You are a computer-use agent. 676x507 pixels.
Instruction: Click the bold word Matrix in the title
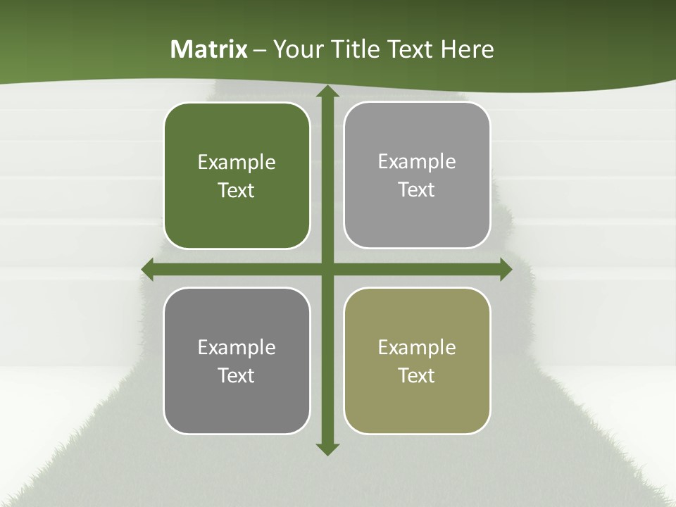pos(209,49)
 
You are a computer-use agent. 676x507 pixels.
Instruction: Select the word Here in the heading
pos(468,49)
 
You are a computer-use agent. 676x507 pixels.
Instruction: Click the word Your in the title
pos(296,49)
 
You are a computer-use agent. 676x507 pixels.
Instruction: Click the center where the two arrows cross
pos(326,269)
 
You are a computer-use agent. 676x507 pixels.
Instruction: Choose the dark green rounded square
pos(237,176)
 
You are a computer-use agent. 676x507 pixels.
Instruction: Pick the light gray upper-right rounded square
pos(417,175)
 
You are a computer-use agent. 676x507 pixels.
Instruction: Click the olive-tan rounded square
pos(417,361)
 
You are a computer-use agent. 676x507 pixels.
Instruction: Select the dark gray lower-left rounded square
pos(237,361)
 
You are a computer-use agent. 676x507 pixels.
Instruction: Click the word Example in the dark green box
pos(237,163)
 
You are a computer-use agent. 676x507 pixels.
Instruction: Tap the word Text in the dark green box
pos(237,191)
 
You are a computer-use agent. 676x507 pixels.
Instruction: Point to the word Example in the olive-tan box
pos(417,347)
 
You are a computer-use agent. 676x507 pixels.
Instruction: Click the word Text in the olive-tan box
pos(417,375)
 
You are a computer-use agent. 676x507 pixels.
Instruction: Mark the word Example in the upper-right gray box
pos(417,162)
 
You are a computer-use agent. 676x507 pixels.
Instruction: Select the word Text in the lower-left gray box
pos(237,375)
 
